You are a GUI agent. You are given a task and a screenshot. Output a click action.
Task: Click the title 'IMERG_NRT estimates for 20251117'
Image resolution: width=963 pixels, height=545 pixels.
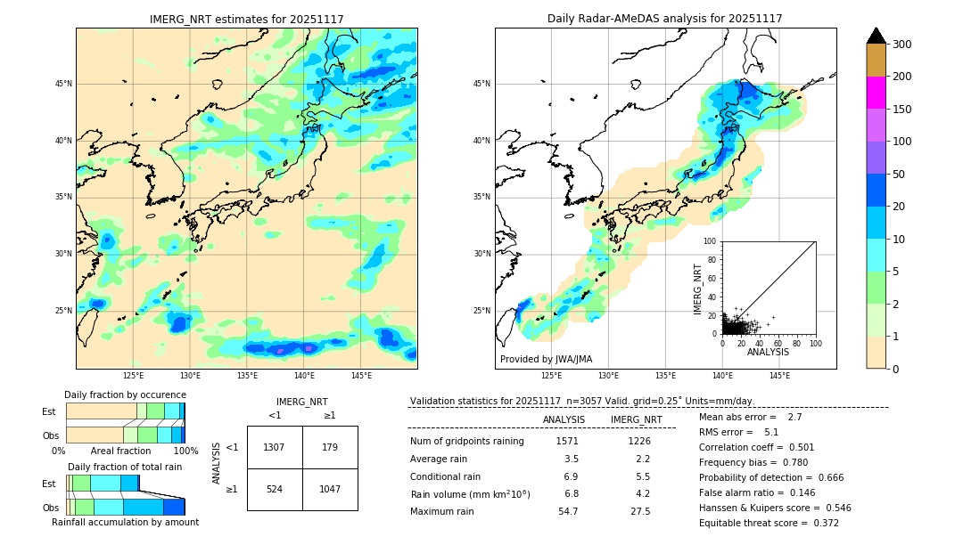tap(246, 19)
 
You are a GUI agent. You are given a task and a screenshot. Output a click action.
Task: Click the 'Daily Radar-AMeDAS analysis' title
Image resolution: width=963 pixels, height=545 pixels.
tap(664, 19)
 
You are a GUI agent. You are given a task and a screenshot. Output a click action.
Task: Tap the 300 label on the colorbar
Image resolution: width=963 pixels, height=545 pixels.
tap(902, 45)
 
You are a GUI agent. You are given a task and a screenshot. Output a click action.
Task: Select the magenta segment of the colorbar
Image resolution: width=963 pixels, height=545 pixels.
tap(876, 93)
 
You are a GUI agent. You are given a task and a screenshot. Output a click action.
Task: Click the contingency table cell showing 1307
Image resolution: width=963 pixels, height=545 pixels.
tap(274, 447)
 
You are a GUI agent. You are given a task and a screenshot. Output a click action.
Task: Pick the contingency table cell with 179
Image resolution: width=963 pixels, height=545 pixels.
tap(330, 447)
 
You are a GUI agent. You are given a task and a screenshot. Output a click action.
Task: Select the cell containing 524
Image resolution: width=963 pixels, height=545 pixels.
tap(274, 489)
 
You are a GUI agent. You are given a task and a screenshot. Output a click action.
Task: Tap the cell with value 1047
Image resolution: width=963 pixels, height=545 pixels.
tap(330, 489)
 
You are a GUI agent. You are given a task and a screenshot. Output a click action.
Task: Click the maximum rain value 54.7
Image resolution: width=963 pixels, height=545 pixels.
tap(568, 512)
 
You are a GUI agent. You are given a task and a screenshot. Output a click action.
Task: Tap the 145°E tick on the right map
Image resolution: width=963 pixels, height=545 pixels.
tap(779, 377)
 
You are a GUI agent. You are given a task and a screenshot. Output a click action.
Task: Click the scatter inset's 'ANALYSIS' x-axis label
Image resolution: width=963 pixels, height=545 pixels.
tap(768, 352)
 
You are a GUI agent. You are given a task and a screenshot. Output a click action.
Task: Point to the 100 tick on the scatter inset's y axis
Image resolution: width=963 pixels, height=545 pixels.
tap(711, 241)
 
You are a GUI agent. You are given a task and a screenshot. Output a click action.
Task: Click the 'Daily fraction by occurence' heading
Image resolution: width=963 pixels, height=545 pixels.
tap(125, 395)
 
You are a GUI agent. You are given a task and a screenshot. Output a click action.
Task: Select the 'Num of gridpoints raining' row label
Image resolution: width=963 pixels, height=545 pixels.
tap(467, 442)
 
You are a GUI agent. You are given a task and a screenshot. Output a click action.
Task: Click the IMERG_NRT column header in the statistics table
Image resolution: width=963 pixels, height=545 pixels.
tap(636, 420)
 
